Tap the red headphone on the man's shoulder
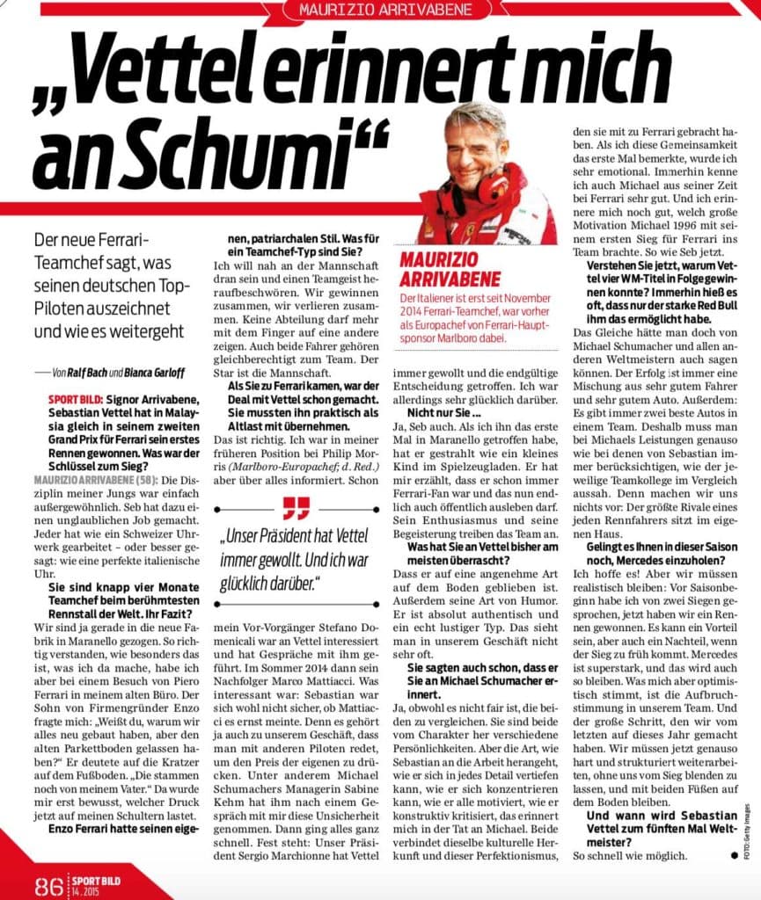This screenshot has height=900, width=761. pyautogui.click(x=494, y=185)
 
